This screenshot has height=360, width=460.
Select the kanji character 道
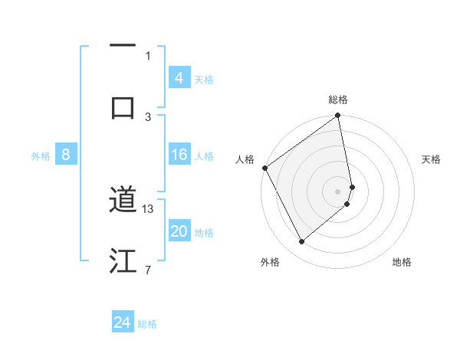click(123, 201)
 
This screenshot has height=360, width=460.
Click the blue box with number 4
click(179, 78)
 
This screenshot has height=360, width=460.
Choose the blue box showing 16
click(179, 155)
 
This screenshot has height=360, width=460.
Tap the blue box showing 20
click(179, 232)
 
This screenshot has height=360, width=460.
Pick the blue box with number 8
click(66, 155)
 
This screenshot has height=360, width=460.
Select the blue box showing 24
click(123, 322)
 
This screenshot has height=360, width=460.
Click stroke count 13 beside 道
click(149, 208)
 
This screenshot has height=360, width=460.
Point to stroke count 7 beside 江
click(148, 270)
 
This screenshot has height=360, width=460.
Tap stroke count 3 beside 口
click(148, 116)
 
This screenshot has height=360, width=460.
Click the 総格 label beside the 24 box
click(147, 324)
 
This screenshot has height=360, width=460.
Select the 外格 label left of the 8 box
click(41, 156)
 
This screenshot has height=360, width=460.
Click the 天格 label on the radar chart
click(432, 159)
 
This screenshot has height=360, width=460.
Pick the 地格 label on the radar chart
click(402, 263)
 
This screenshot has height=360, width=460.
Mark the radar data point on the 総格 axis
click(338, 116)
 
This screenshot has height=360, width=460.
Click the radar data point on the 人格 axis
click(264, 168)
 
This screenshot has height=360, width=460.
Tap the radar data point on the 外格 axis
click(301, 241)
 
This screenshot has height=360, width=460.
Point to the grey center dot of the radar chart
click(338, 191)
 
